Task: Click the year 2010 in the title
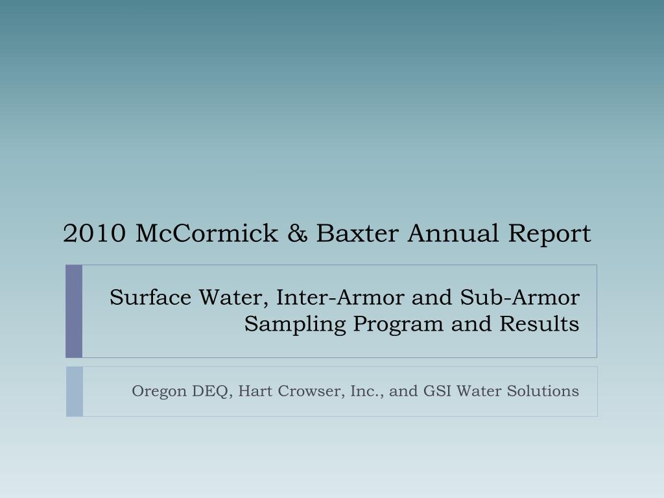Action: (95, 233)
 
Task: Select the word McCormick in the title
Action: (207, 233)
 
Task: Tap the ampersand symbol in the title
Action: (297, 233)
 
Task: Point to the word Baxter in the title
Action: (357, 233)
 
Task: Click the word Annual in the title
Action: (453, 233)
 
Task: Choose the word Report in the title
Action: (549, 235)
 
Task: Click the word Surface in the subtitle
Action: (150, 297)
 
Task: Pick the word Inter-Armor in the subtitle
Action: (340, 297)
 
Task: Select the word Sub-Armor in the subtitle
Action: (520, 297)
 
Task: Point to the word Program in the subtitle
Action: (399, 325)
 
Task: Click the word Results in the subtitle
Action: (539, 324)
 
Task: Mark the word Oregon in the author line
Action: (160, 392)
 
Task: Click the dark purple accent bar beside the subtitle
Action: (74, 311)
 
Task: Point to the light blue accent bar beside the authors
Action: (75, 392)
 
